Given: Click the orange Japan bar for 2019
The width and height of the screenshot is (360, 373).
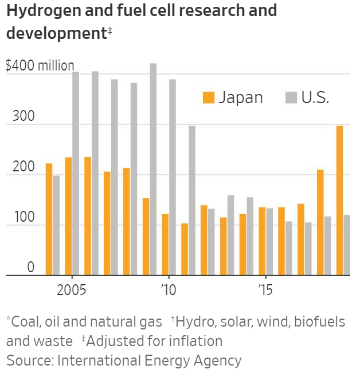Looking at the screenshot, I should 339,201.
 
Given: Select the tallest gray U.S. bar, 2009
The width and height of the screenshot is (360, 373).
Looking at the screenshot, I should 153,169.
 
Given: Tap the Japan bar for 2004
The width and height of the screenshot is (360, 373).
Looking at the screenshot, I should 49,219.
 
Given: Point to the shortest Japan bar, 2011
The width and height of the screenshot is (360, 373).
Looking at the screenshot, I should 185,249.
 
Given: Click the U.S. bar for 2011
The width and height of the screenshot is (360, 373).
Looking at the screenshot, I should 192,201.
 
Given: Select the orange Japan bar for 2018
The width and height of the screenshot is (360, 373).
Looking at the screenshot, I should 320,222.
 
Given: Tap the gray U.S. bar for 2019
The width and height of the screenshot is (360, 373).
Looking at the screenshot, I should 347,245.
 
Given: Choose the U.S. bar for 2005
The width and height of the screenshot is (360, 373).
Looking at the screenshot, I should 76,174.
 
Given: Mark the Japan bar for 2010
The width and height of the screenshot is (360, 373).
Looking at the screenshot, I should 165,245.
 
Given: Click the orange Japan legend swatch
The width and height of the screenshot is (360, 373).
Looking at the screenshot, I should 208,98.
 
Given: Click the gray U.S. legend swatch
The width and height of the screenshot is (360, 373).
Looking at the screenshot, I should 291,98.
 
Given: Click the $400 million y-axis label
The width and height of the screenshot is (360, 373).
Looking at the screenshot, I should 40,66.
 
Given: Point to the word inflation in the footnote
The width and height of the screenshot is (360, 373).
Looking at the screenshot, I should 194,341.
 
